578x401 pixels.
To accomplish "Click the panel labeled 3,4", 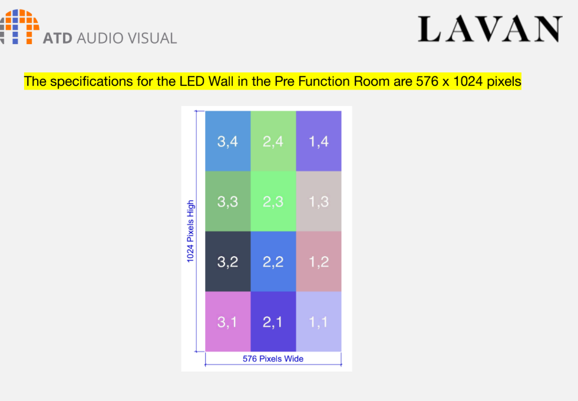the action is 228,141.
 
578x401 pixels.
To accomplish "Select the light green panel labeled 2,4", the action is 273,141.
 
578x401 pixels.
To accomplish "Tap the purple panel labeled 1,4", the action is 319,141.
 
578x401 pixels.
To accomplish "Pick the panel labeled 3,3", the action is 228,201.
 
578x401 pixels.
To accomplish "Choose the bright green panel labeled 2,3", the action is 273,201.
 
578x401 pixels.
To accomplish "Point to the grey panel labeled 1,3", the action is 319,201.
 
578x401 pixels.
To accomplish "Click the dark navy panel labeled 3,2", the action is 228,261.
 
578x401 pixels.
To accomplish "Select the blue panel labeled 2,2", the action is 273,261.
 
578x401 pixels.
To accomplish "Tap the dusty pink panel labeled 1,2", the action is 319,261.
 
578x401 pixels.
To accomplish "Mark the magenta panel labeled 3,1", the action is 228,322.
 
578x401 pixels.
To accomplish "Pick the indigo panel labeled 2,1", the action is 273,322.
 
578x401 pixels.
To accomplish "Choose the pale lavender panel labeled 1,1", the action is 319,322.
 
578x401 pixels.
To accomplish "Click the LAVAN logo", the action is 490,29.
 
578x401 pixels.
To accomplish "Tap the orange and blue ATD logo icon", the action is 19,26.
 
